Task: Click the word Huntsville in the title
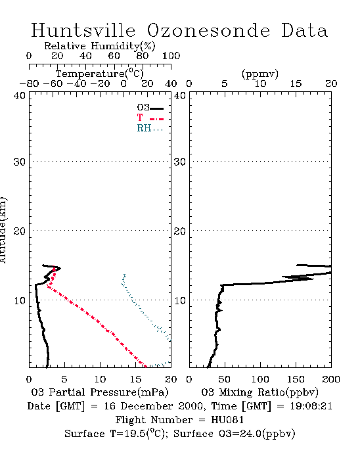point(83,30)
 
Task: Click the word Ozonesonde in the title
point(208,30)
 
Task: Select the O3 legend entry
point(150,108)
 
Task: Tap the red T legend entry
point(150,118)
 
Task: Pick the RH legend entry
point(150,128)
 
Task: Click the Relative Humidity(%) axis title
point(100,46)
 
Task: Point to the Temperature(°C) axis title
point(100,74)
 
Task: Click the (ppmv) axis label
point(260,74)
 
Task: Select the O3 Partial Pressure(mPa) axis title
point(100,392)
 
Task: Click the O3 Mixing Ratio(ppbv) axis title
point(259,392)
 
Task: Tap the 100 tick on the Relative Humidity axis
point(171,56)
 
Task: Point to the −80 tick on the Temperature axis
point(29,83)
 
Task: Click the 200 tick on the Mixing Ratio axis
point(331,379)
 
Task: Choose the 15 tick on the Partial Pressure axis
point(135,379)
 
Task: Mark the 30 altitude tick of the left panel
point(19,162)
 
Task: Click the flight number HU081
point(227,420)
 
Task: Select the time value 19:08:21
point(311,406)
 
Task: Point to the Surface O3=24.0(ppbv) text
point(235,434)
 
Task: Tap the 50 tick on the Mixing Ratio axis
point(224,379)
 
